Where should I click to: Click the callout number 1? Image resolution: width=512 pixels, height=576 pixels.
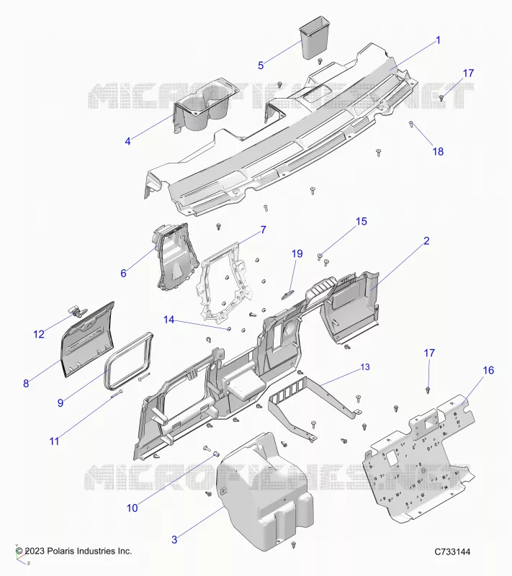point(438,40)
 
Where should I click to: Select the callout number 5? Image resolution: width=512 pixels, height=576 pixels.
point(261,66)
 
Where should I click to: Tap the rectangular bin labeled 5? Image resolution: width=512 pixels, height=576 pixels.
point(314,37)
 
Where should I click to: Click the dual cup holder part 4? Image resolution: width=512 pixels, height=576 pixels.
point(204,106)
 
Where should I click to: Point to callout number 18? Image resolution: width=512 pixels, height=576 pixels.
point(438,151)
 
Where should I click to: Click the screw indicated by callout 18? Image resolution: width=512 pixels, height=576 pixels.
point(411,124)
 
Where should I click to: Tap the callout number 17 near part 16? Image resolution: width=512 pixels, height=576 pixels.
point(429,353)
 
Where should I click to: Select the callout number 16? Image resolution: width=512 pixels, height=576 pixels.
point(488,370)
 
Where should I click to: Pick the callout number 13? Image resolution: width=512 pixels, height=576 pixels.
point(365,367)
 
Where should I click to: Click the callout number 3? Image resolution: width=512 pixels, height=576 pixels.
point(174,539)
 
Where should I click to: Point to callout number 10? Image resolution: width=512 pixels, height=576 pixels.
point(133,508)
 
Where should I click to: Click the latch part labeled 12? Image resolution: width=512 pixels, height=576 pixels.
point(76,311)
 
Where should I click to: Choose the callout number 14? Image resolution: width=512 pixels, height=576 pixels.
point(169,320)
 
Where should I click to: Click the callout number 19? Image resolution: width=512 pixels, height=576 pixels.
point(297,253)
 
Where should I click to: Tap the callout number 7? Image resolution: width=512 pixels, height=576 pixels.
point(264,230)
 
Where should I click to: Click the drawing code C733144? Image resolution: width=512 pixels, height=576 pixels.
point(452,552)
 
